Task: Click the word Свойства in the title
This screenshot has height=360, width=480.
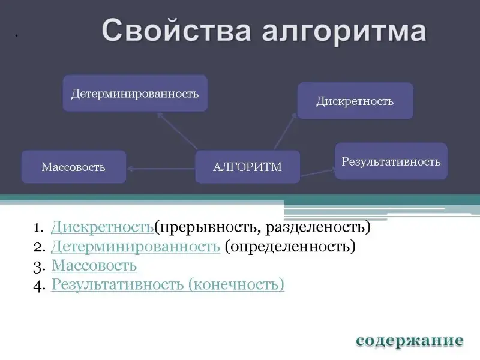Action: tap(176, 30)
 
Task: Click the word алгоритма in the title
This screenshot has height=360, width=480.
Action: tap(344, 32)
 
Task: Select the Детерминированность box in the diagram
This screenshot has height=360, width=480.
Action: tap(135, 93)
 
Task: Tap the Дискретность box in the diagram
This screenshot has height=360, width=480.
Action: tap(355, 101)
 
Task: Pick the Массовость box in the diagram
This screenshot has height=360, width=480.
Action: tap(73, 167)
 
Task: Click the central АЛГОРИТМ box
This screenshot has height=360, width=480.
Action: tap(247, 167)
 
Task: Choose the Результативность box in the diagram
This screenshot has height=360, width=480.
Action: tap(391, 161)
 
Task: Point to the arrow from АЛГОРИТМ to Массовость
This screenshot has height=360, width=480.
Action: tap(161, 169)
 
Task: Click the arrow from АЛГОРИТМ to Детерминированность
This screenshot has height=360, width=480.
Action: tap(177, 131)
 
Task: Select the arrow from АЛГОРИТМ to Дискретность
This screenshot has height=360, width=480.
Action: tap(286, 131)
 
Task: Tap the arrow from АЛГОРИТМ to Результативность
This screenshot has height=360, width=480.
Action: tap(317, 173)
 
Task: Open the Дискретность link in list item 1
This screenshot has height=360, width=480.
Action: tap(102, 227)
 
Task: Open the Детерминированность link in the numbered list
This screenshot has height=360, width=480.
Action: tap(136, 247)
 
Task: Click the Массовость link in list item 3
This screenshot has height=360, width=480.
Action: tap(94, 265)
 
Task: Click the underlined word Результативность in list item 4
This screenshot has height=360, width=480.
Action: tap(118, 284)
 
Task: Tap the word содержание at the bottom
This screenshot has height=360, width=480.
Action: tap(410, 340)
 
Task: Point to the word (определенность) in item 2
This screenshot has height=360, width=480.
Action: tap(290, 247)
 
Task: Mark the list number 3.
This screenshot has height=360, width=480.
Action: tap(39, 267)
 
